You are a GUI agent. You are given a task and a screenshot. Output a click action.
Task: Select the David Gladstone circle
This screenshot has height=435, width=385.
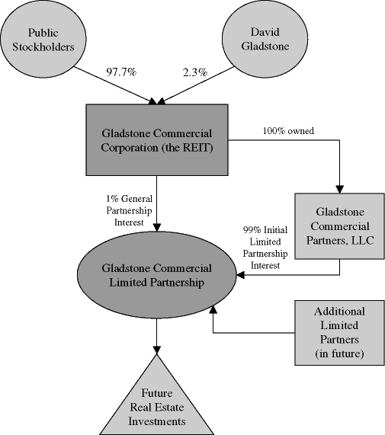(x=263, y=40)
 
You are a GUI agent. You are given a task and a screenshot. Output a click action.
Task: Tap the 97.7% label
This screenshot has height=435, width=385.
(x=121, y=72)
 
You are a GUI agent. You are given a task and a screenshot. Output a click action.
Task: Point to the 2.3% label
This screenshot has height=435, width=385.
(x=194, y=72)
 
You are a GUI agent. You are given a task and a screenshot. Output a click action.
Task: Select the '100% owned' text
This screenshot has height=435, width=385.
(x=290, y=130)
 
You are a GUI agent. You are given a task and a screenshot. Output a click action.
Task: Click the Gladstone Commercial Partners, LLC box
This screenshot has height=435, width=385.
(x=339, y=226)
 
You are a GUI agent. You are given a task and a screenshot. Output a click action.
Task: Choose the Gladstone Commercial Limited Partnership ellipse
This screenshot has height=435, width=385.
(x=157, y=275)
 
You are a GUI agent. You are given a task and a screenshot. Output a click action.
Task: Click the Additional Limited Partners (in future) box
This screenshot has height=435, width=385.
(x=339, y=333)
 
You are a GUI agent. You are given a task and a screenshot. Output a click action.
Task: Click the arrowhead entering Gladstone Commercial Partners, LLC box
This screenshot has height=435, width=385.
(x=339, y=187)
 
